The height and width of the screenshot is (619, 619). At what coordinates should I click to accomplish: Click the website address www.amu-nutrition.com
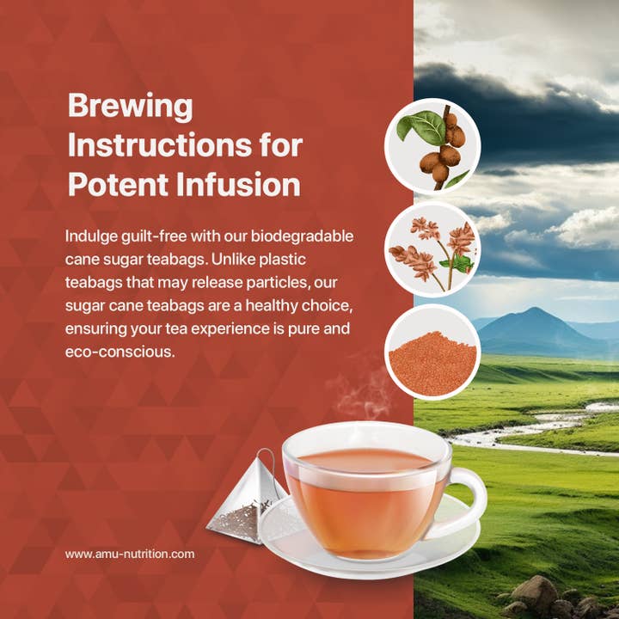tap(130, 554)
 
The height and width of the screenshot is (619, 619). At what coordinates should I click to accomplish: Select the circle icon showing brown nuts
tap(438, 145)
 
